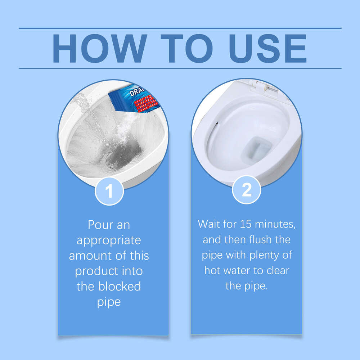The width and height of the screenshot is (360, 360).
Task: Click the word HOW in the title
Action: (99, 49)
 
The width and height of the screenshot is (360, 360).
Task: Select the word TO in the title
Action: (186, 49)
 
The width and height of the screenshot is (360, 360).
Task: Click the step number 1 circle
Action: (109, 191)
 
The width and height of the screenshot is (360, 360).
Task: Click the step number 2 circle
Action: (247, 190)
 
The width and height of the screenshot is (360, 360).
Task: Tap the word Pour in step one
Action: (99, 225)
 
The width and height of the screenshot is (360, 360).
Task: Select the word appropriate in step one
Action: (109, 240)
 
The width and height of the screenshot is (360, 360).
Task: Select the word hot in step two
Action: (213, 270)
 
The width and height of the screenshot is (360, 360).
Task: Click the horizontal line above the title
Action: (180, 28)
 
